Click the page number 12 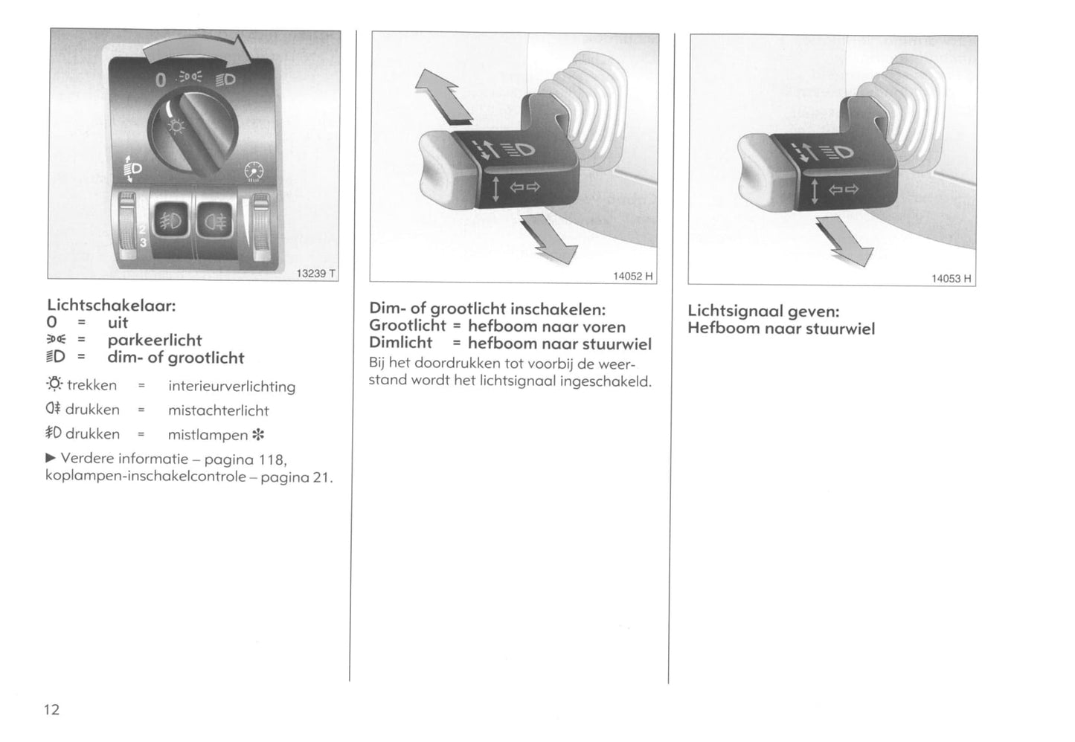coord(52,709)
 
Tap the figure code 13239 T coord(315,274)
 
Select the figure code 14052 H coord(632,277)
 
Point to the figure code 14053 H coord(952,279)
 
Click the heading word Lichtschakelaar coord(112,306)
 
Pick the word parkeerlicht coord(155,341)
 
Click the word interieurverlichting coord(232,387)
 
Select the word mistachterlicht coord(219,410)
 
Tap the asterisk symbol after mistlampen coord(258,435)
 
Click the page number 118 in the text coord(272,460)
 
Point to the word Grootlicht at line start coord(408,326)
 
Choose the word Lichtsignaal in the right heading coord(736,311)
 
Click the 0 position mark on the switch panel coord(161,80)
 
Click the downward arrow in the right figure coord(844,241)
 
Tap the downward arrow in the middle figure coord(548,239)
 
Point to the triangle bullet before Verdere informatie coord(51,458)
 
